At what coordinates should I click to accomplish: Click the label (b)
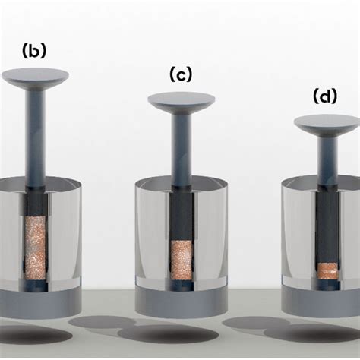pos(34,51)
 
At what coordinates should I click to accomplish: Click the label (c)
pos(181,74)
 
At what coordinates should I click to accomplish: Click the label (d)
pos(324,96)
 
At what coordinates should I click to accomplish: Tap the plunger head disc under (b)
pos(35,75)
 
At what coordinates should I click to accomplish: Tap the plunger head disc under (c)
pos(181,99)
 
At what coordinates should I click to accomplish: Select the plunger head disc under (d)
pos(327,122)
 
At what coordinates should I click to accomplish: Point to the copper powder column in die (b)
pos(36,245)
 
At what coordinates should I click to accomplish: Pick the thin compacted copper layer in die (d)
pos(327,269)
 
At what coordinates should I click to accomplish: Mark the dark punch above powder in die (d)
pos(327,228)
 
